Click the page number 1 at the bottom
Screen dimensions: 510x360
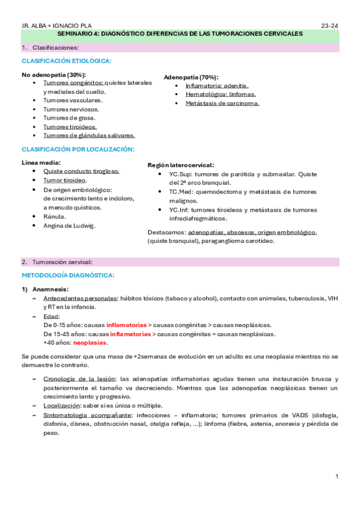[337, 476]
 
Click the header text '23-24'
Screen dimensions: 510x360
[330, 26]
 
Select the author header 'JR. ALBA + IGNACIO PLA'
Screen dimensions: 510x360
[52, 26]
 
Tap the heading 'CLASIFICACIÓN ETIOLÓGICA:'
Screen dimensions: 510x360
[66, 61]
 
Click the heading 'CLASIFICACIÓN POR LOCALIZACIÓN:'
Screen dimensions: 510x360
[78, 149]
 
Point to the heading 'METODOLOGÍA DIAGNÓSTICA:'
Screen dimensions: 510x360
[67, 275]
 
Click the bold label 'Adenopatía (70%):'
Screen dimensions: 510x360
[191, 78]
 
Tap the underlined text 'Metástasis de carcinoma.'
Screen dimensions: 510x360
[222, 103]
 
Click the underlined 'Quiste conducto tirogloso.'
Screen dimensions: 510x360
[81, 171]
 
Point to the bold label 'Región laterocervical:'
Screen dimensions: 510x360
[180, 165]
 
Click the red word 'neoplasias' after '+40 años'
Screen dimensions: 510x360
[90, 343]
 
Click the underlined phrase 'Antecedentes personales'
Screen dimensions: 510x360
[81, 298]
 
